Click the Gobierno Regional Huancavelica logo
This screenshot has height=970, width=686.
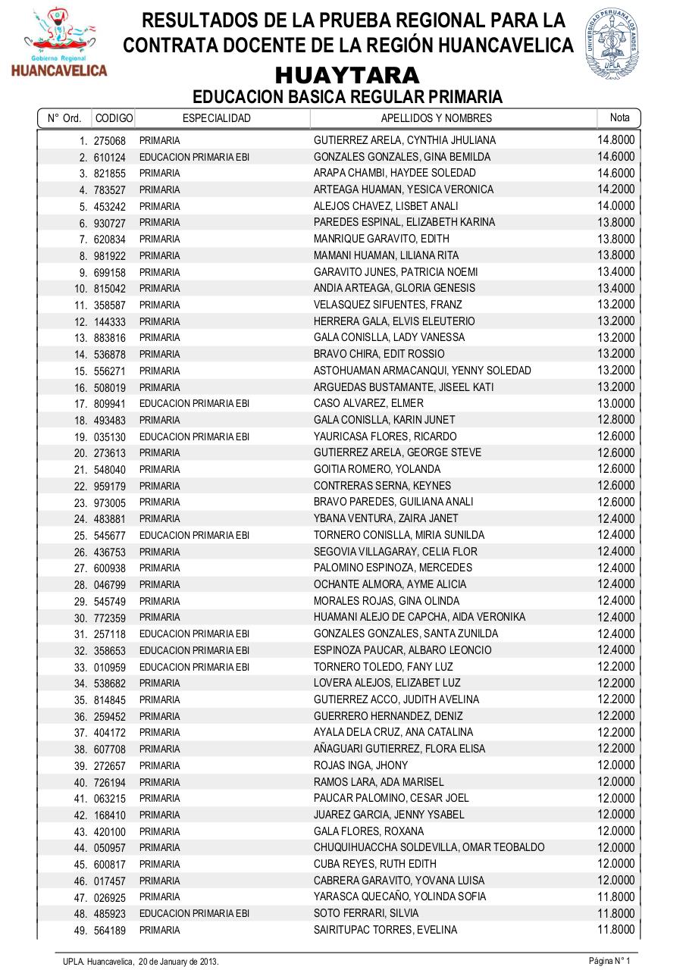point(59,43)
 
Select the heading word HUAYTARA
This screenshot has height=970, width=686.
point(347,76)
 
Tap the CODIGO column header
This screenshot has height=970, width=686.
point(114,118)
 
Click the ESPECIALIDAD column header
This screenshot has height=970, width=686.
point(217,118)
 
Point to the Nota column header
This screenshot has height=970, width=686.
point(619,117)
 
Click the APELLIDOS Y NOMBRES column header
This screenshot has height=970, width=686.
point(436,118)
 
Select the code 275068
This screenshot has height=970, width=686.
point(110,140)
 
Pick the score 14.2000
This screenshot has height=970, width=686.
point(616,189)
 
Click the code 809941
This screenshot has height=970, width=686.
point(110,404)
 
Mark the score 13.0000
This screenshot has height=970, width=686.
point(616,403)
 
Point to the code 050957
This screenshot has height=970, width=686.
point(110,848)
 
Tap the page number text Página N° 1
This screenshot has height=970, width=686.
point(609,961)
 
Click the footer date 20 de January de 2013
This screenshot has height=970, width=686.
point(178,961)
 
